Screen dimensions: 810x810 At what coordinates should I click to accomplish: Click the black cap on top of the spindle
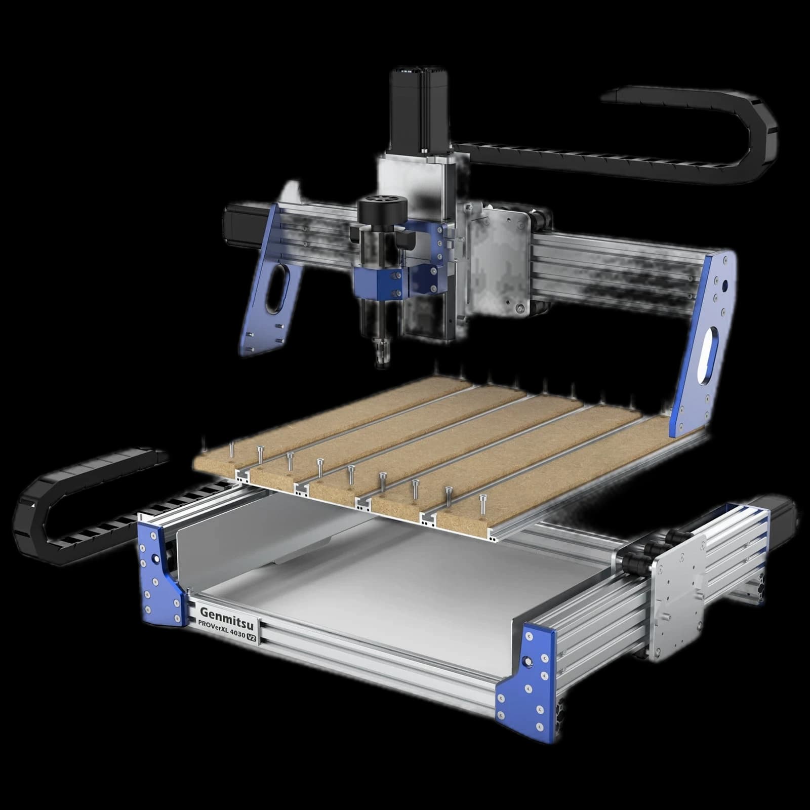(382, 210)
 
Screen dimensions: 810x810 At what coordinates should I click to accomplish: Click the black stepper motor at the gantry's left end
(246, 223)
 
